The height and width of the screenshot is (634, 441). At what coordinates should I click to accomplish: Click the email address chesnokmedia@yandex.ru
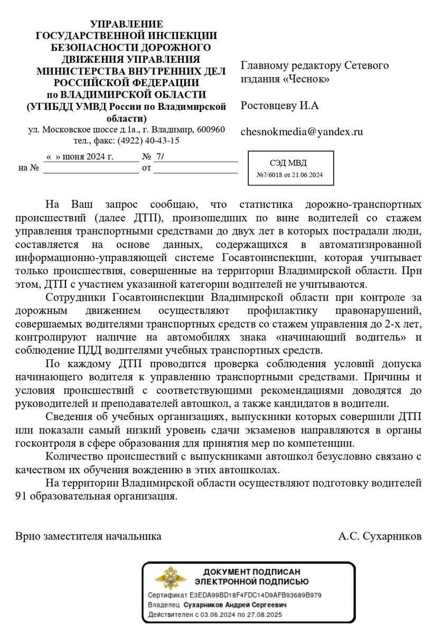pyautogui.click(x=302, y=132)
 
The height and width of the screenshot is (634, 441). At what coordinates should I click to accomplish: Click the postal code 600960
pyautogui.click(x=211, y=130)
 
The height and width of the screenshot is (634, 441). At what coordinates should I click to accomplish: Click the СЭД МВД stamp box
pyautogui.click(x=291, y=168)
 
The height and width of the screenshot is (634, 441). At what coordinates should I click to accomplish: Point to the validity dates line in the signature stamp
pyautogui.click(x=215, y=614)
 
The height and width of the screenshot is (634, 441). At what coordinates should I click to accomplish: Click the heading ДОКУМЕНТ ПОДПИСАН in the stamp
pyautogui.click(x=251, y=572)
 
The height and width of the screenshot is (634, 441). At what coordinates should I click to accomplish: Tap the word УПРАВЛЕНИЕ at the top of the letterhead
pyautogui.click(x=127, y=24)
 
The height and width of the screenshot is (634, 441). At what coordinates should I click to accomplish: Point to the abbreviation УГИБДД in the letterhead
pyautogui.click(x=50, y=107)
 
